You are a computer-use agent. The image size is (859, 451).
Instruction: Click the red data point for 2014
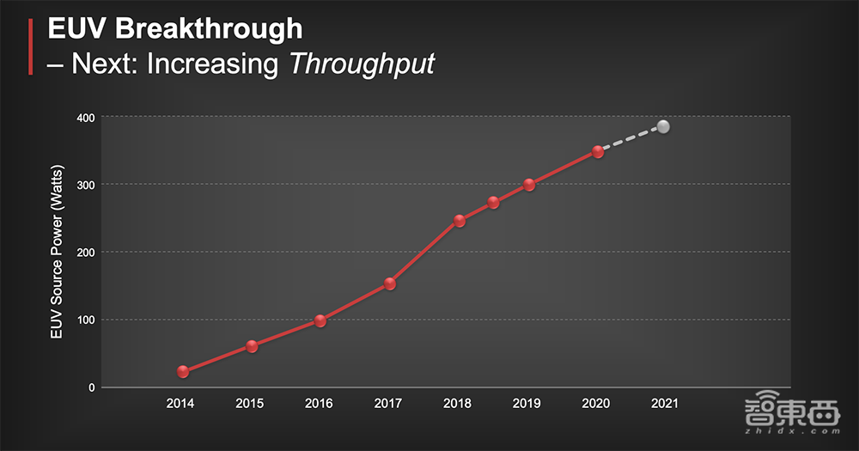[x=183, y=372]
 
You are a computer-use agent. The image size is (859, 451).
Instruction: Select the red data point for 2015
[x=252, y=347]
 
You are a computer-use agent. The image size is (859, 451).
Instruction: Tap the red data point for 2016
[x=320, y=321]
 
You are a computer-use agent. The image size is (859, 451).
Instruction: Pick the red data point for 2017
[x=390, y=283]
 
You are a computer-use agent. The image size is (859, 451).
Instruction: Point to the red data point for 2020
[x=598, y=152]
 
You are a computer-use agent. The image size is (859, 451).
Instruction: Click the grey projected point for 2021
[x=663, y=127]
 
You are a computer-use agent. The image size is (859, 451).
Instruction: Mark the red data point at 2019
[x=529, y=185]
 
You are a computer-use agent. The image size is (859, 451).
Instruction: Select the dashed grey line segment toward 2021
[x=631, y=139]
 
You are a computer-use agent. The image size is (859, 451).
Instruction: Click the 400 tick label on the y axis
[x=84, y=117]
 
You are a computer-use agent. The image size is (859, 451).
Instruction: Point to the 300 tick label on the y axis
[x=84, y=185]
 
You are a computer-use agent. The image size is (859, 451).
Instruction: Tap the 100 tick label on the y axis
[x=84, y=320]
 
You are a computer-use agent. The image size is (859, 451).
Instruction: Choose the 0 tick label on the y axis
[x=90, y=388]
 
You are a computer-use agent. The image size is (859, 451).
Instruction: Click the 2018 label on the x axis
[x=457, y=403]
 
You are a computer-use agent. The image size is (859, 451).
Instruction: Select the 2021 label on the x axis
[x=664, y=403]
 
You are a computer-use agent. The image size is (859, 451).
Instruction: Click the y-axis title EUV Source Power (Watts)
[x=57, y=252]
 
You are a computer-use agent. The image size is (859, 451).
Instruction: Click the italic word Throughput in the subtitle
[x=361, y=64]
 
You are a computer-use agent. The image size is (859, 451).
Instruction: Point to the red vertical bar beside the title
[x=31, y=46]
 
